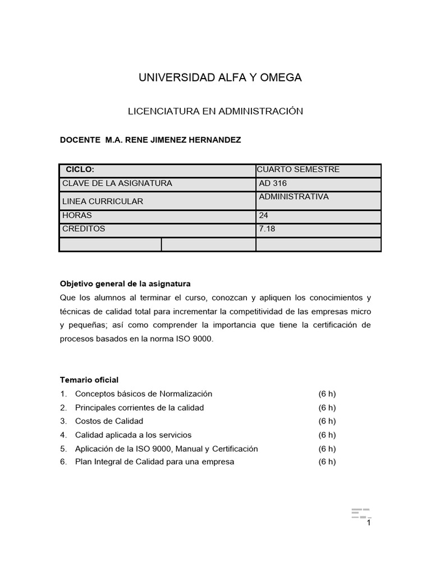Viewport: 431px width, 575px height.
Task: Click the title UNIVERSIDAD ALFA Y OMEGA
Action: [x=220, y=78]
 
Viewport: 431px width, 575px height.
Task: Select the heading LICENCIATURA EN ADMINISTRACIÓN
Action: [x=215, y=111]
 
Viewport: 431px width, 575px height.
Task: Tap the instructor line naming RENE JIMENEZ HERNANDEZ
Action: [x=150, y=140]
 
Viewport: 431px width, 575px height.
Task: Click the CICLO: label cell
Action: [x=80, y=170]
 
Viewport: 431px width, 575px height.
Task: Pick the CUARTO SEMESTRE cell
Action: [x=298, y=170]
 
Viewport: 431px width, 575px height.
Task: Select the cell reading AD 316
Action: [x=273, y=184]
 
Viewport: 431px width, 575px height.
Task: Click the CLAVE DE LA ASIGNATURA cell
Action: [x=117, y=184]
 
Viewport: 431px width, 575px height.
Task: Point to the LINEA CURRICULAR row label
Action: [x=103, y=201]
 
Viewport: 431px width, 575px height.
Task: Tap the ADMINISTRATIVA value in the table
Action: [x=294, y=197]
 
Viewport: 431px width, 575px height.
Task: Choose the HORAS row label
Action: [x=77, y=216]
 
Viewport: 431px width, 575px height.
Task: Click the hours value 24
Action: [x=264, y=216]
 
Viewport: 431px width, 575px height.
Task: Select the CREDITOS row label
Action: [x=84, y=229]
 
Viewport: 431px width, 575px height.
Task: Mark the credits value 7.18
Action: [x=267, y=229]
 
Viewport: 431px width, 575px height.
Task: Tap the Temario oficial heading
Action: [x=89, y=380]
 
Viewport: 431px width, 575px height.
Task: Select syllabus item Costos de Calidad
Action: [x=109, y=421]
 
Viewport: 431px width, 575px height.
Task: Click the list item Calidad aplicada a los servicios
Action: [x=133, y=435]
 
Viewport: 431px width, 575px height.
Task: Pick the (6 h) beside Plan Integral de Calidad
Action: [x=327, y=462]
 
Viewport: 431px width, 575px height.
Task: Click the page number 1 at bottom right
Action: [x=369, y=523]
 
